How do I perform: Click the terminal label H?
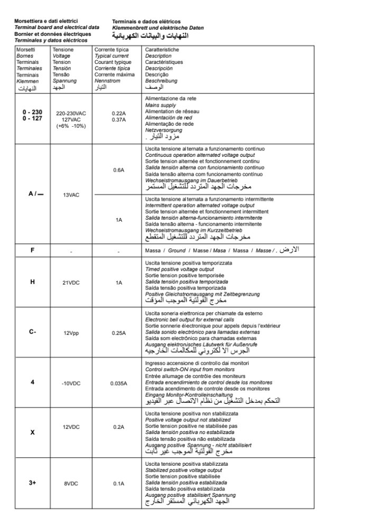[x=32, y=282]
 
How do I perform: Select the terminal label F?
[x=32, y=250]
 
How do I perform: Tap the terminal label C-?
[x=32, y=332]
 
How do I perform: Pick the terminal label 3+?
[x=32, y=483]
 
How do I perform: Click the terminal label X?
[x=32, y=432]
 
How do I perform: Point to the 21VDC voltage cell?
[x=71, y=283]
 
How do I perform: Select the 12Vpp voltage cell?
[x=71, y=333]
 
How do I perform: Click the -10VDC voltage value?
[x=71, y=383]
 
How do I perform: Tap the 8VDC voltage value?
[x=71, y=484]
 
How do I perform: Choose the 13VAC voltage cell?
[x=71, y=195]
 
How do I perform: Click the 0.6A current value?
[x=118, y=170]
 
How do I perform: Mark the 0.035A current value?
[x=118, y=383]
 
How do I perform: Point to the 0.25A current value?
[x=118, y=333]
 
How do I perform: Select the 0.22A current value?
[x=118, y=113]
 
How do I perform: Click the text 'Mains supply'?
[x=161, y=106]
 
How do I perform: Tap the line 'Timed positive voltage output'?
[x=179, y=269]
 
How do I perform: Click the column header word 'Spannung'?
[x=64, y=81]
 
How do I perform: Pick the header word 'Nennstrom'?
[x=107, y=81]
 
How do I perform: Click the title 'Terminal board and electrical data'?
[x=57, y=27]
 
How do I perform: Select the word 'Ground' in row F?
[x=177, y=250]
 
